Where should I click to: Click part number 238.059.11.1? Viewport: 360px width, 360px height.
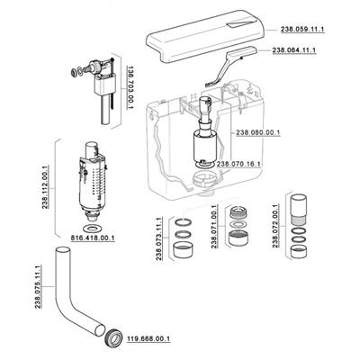pyautogui.click(x=302, y=30)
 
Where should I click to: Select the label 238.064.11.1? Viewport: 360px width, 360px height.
pyautogui.click(x=294, y=50)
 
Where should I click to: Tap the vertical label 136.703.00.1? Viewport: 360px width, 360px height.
pyautogui.click(x=130, y=87)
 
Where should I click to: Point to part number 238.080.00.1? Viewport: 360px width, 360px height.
pyautogui.click(x=258, y=132)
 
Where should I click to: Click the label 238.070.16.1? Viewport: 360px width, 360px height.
pyautogui.click(x=238, y=164)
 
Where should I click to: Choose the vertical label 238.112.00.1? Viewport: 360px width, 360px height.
pyautogui.click(x=46, y=187)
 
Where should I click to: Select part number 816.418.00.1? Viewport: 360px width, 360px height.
pyautogui.click(x=93, y=238)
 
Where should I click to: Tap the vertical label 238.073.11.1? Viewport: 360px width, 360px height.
pyautogui.click(x=159, y=238)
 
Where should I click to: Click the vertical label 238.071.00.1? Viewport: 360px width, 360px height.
pyautogui.click(x=214, y=227)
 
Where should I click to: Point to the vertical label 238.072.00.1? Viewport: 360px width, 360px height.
pyautogui.click(x=275, y=226)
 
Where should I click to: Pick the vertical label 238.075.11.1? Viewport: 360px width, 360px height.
pyautogui.click(x=38, y=287)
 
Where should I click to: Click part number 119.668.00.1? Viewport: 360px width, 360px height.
pyautogui.click(x=148, y=339)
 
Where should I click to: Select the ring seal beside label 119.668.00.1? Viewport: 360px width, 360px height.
pyautogui.click(x=114, y=337)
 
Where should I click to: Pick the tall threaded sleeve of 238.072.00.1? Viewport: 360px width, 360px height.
pyautogui.click(x=299, y=209)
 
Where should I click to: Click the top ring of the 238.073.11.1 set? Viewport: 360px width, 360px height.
pyautogui.click(x=183, y=223)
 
